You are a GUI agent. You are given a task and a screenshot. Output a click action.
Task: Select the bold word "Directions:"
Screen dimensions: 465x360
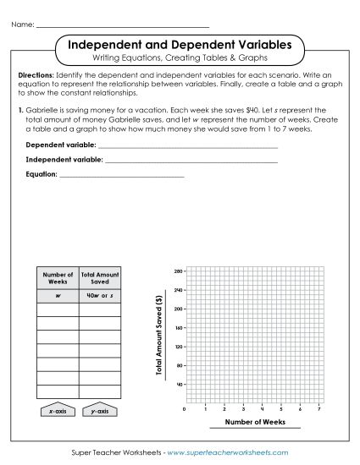tap(36, 75)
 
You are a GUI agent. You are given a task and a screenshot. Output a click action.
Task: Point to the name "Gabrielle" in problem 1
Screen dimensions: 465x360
tap(43, 111)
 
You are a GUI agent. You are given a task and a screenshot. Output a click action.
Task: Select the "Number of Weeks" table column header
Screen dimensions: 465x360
tap(58, 277)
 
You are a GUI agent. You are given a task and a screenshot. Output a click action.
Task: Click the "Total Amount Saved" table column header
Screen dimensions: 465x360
tap(100, 277)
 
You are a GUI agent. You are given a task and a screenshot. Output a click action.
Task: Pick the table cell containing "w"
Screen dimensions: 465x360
tap(58, 296)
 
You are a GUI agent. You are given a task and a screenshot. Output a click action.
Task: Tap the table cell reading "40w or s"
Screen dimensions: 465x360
tap(100, 296)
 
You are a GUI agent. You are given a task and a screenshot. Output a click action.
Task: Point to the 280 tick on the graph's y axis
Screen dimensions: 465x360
tap(179, 271)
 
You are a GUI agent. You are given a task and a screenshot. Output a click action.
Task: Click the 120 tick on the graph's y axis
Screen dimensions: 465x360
tap(179, 347)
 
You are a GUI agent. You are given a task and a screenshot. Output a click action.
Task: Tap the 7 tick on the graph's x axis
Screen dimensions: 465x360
tap(318, 408)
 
